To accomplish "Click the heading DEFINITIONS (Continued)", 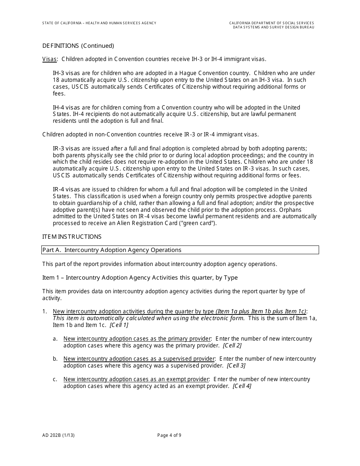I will (78, 46).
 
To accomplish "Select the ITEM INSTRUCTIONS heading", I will (72, 237).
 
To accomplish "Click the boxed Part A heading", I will (112, 250).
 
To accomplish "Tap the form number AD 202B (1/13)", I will (58, 435).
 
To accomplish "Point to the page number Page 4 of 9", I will (169, 435).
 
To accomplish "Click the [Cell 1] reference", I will (119, 325).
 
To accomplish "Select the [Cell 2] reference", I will (232, 346).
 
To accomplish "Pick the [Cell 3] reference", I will (236, 366).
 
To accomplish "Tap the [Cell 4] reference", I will (242, 386).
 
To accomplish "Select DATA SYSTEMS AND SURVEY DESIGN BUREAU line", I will (273, 27).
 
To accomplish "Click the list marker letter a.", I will (55, 339).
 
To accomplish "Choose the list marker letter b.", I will (55, 359).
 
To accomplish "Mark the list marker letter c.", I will (55, 379).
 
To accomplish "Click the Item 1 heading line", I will (140, 278).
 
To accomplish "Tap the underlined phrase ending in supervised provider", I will (139, 359).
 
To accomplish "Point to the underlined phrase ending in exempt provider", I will (136, 379).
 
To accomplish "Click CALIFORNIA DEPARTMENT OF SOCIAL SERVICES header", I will (271, 23).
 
